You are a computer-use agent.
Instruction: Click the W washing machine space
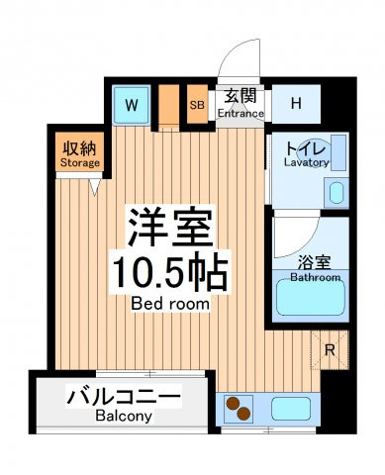point(132,105)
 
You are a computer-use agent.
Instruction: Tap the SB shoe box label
point(197,105)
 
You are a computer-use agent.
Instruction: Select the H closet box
point(296,104)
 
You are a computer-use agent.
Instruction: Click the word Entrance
point(241,114)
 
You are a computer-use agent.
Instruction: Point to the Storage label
point(80,163)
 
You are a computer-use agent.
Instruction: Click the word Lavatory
point(307,162)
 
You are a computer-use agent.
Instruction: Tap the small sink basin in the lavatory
point(337,193)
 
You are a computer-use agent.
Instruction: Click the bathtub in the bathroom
point(311,297)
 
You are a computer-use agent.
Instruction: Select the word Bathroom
point(315,277)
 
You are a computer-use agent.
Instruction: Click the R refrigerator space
point(330,350)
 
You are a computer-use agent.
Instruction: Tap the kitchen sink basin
point(291,409)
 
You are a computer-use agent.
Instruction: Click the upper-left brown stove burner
point(233,404)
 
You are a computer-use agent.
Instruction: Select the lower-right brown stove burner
point(244,414)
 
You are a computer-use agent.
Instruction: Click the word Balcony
point(124,417)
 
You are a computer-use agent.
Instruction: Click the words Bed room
point(170,304)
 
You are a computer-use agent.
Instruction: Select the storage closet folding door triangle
point(95,187)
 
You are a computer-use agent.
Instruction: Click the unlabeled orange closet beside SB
point(168,105)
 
